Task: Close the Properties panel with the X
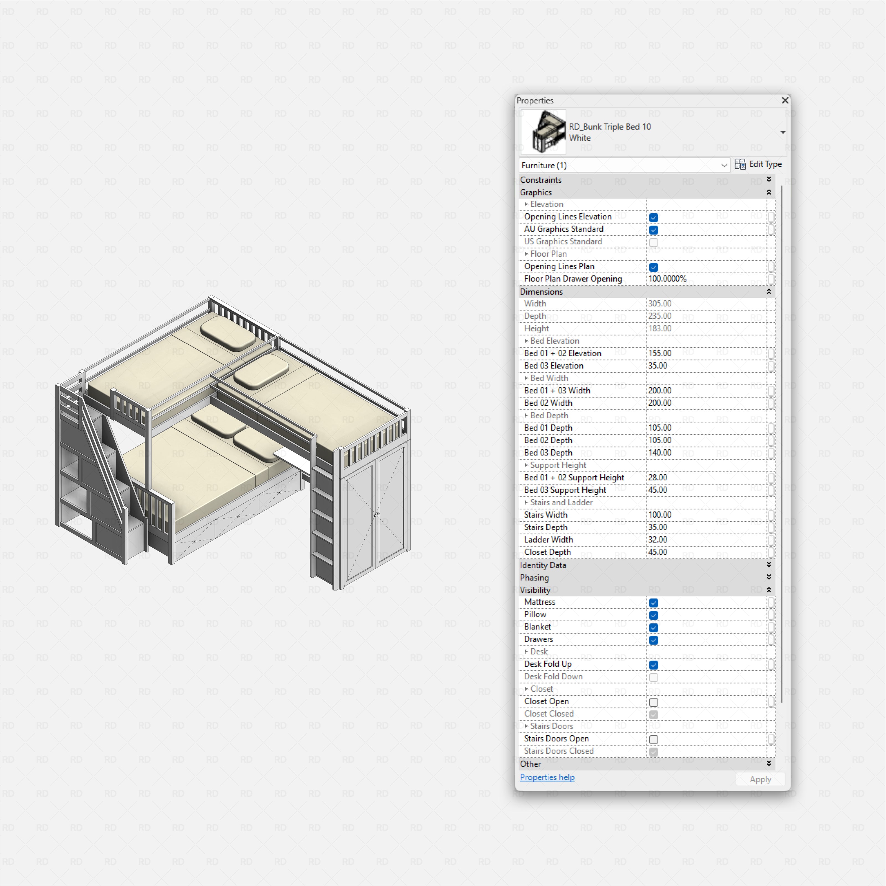coord(785,100)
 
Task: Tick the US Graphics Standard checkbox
coord(653,242)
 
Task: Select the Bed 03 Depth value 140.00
coord(660,453)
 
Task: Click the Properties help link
coord(547,777)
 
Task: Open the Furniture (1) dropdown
coord(724,165)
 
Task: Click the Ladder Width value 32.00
coord(658,540)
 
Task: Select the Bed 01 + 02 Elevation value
coord(660,353)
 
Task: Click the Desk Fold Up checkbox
coord(653,664)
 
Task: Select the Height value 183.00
coord(660,328)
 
